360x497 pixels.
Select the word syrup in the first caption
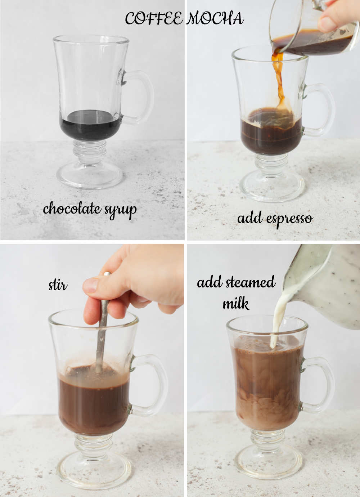click(x=121, y=210)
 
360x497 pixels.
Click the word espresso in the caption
click(x=290, y=219)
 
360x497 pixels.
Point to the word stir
click(x=58, y=285)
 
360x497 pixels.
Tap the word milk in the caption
click(x=236, y=304)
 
